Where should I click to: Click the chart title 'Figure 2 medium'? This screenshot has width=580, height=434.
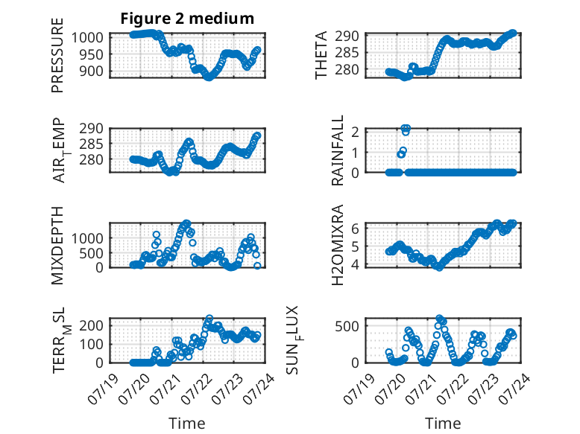[187, 19]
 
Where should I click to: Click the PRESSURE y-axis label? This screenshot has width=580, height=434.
[57, 55]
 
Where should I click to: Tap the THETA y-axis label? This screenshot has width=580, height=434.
[321, 55]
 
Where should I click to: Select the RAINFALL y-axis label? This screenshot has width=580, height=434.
[338, 150]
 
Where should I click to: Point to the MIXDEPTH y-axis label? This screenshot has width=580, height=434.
[57, 246]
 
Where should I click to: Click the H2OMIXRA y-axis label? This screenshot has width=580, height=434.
[338, 245]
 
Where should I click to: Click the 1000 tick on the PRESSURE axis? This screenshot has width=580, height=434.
[87, 38]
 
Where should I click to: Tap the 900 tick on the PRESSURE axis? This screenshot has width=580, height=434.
[91, 71]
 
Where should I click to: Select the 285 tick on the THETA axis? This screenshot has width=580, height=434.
[347, 53]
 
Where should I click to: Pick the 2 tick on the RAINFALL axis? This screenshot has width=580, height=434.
[355, 132]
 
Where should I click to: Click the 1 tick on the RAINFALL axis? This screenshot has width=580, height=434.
[355, 152]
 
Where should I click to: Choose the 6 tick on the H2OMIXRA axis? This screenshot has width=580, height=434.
[355, 229]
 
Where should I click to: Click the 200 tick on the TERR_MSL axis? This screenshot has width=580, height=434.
[91, 325]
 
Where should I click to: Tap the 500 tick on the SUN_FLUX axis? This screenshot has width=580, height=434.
[347, 326]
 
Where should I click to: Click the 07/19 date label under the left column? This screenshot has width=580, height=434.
[104, 389]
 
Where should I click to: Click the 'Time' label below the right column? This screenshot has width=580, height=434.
[443, 423]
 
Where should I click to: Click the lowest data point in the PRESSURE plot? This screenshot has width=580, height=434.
[209, 77]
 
